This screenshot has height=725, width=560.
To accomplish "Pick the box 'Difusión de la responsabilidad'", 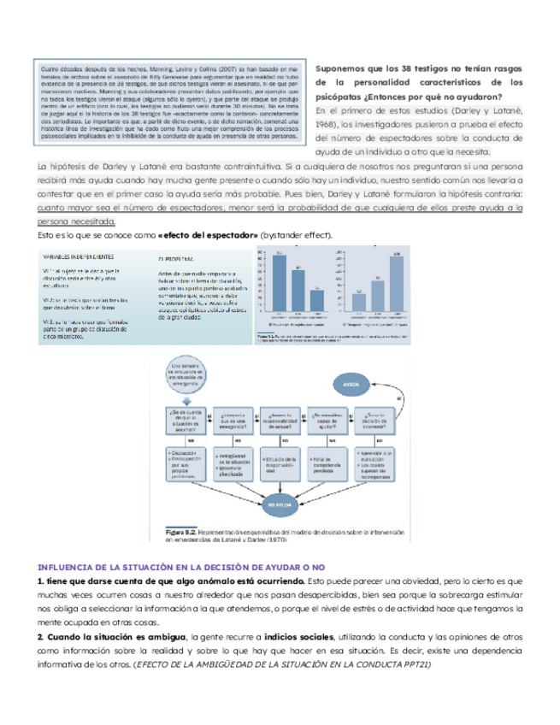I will pyautogui.click(x=280, y=465).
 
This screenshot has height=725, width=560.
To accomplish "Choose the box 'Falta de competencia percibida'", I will pyautogui.click(x=328, y=465).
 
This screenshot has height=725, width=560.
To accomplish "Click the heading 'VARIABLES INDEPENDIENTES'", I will pyautogui.click(x=74, y=256).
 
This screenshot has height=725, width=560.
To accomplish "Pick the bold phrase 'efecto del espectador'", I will pyautogui.click(x=210, y=235).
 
